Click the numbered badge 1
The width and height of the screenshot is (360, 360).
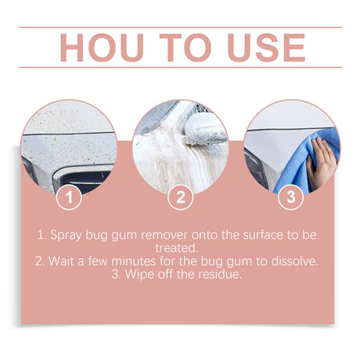(70, 196)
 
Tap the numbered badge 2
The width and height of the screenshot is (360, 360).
(181, 196)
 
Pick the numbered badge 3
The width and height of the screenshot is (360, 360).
(291, 196)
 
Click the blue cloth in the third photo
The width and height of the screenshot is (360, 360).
(301, 164)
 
